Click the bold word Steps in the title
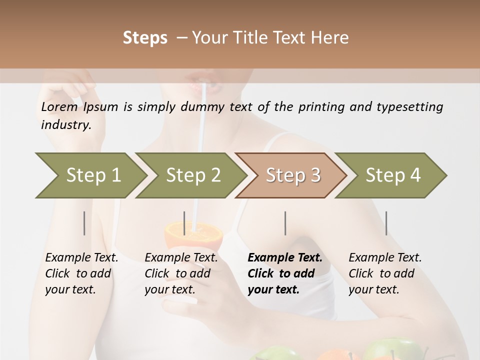point(145,38)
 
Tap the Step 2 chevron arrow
point(193,175)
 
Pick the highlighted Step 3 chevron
point(293,175)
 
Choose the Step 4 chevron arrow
point(393,175)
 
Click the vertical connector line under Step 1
point(84,223)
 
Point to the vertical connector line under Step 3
point(285,223)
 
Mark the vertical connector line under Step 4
point(386,223)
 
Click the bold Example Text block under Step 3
point(285,273)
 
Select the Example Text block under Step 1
point(81,273)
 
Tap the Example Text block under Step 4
point(385,273)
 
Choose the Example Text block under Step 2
point(181,273)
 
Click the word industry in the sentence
point(65,124)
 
